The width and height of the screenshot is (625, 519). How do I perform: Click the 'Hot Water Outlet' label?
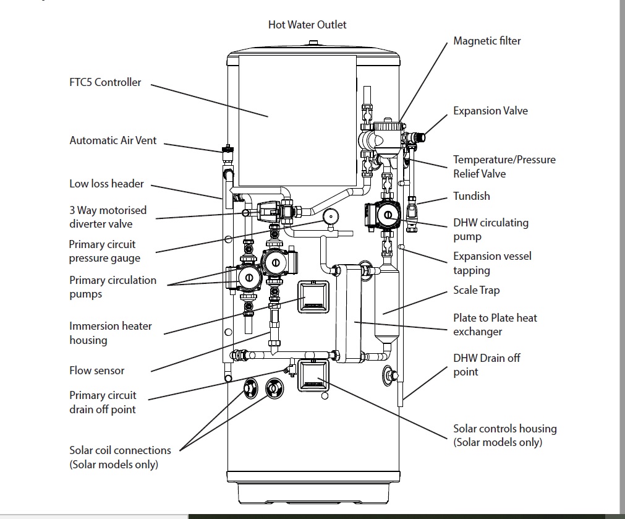click(307, 25)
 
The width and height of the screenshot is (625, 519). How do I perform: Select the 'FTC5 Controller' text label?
click(105, 82)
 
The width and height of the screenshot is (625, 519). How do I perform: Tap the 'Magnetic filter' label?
click(487, 41)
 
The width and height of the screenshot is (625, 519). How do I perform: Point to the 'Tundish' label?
click(472, 196)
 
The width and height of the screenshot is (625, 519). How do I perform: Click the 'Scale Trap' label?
click(477, 290)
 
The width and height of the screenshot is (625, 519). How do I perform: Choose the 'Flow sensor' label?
click(97, 371)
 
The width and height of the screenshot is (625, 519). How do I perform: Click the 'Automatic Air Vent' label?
click(113, 140)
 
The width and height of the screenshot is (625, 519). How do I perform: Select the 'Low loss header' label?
click(106, 184)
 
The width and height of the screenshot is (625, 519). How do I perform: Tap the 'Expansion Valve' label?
click(491, 111)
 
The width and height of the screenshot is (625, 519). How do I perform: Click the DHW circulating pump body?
click(381, 215)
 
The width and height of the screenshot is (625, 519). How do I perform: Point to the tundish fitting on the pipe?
click(413, 205)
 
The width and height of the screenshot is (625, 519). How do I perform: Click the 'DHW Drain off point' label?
click(487, 365)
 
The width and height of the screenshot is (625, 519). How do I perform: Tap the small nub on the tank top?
click(313, 43)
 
